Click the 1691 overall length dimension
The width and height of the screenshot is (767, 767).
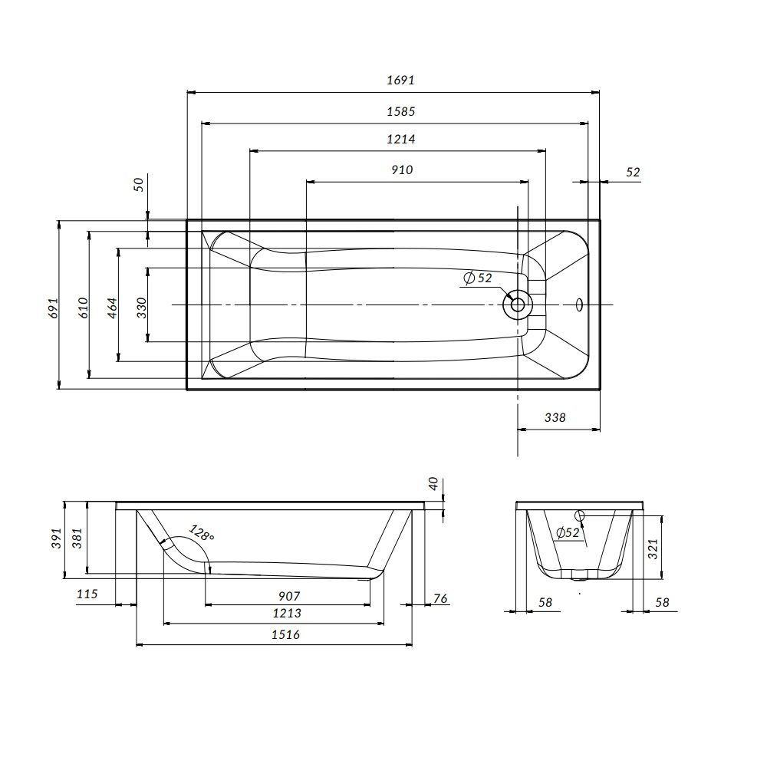400,80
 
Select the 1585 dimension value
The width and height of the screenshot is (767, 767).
400,111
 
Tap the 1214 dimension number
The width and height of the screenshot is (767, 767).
400,140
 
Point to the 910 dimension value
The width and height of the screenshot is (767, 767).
402,170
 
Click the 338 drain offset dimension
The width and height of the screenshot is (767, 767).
555,417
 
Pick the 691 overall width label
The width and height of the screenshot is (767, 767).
54,308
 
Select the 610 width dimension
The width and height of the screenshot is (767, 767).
83,308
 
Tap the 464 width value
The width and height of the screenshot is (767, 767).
112,308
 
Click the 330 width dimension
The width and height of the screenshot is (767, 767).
141,308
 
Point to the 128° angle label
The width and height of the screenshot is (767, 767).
202,533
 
